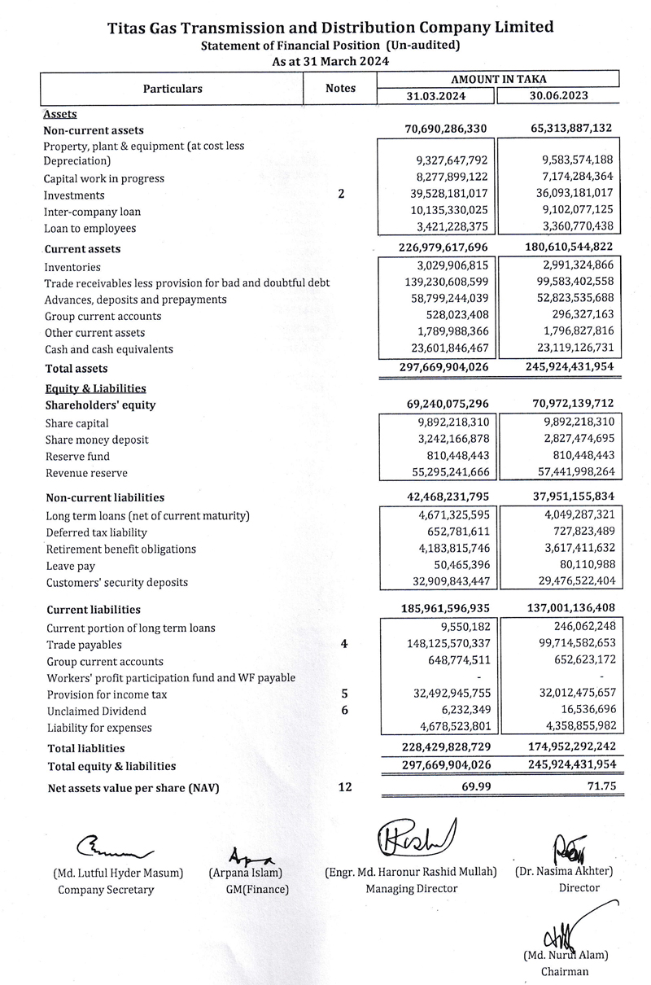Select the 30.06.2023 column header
click(x=559, y=95)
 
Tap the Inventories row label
click(x=72, y=267)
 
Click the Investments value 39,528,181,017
click(x=442, y=195)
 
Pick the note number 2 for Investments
click(x=340, y=195)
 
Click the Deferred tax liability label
click(x=97, y=532)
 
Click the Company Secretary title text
click(x=106, y=890)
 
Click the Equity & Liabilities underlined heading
click(x=95, y=389)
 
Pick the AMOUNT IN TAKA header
click(x=498, y=79)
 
